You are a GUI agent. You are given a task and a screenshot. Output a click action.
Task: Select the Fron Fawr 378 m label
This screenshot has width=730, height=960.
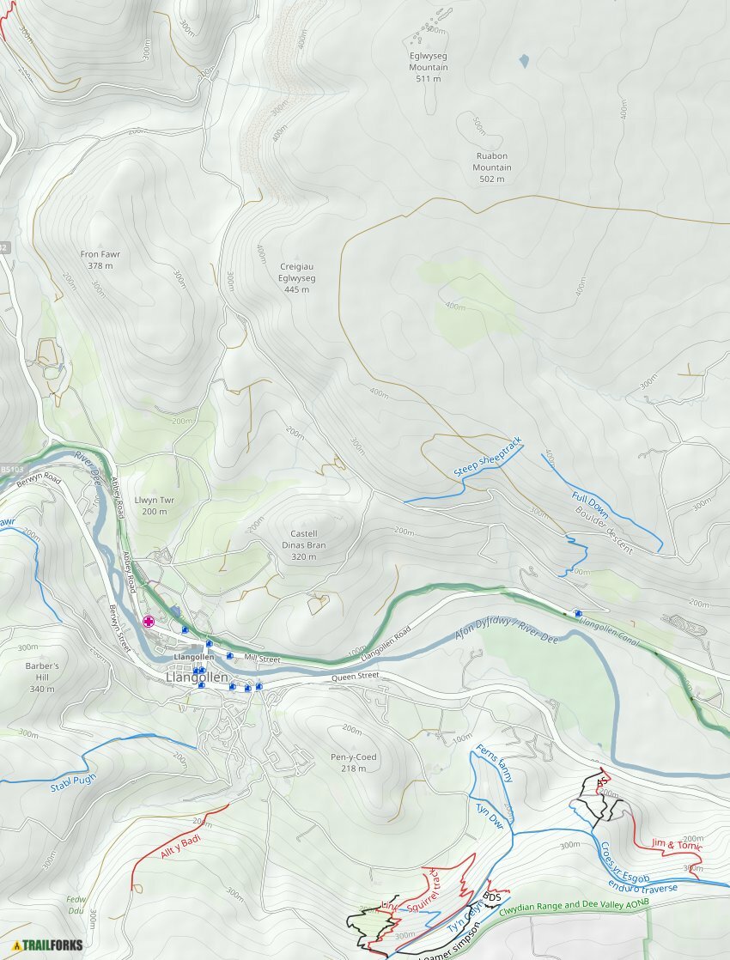(100, 260)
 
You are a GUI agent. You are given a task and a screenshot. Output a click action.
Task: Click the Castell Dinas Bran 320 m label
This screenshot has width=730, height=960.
(304, 545)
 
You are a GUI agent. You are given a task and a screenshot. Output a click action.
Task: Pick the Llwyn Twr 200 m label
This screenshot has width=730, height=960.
(155, 506)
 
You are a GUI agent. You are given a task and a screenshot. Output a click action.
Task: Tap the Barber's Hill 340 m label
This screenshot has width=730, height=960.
(42, 677)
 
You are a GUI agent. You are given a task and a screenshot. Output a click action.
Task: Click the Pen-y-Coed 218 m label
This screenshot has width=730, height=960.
(354, 763)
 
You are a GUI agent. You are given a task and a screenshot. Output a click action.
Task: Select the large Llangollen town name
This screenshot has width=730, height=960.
(197, 677)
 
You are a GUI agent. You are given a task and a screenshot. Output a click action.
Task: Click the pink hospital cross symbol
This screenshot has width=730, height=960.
(149, 621)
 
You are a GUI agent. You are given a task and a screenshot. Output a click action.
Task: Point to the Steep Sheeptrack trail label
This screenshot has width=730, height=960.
(487, 457)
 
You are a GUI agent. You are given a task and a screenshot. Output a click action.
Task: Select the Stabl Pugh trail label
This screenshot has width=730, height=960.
(73, 783)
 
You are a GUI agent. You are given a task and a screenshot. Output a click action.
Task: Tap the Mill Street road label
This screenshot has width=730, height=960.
(262, 659)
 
